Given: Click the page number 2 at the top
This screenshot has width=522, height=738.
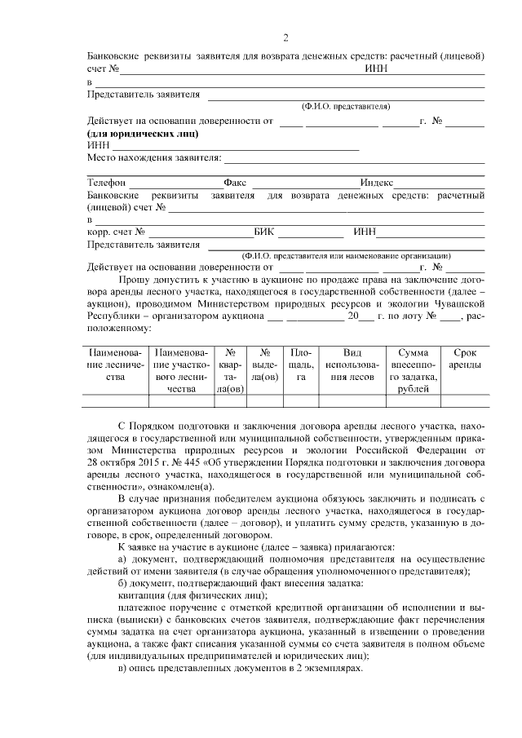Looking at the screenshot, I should coord(285,38).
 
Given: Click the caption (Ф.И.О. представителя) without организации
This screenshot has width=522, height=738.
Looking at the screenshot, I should coord(345,106).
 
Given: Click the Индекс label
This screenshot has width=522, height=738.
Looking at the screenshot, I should coord(377,183).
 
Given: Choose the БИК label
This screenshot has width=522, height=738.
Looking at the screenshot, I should coord(264,231).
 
